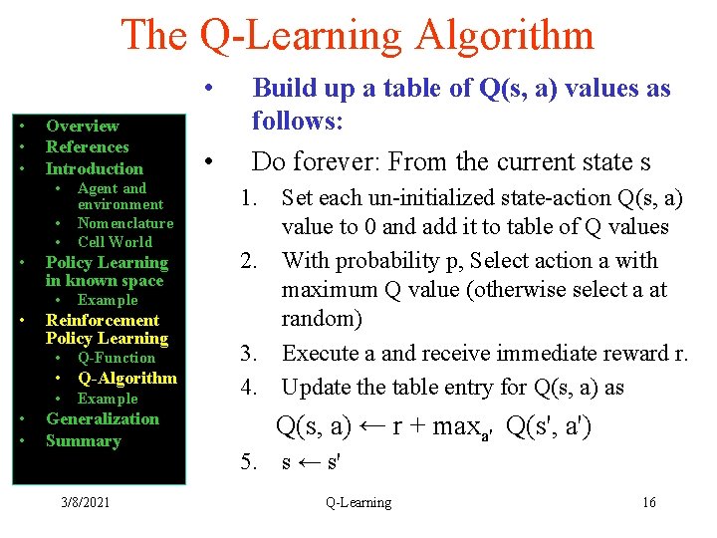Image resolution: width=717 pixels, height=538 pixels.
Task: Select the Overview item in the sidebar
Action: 82,126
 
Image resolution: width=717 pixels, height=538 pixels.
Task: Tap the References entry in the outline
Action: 88,147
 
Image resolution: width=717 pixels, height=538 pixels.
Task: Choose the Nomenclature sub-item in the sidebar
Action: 125,223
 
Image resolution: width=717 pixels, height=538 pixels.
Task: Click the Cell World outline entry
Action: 115,241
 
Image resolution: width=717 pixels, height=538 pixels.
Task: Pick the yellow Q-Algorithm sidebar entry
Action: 127,378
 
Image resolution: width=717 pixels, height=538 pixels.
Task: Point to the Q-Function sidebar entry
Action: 117,358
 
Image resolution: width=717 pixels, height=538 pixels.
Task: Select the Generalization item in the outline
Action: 103,418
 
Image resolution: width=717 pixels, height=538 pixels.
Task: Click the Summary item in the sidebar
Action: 83,440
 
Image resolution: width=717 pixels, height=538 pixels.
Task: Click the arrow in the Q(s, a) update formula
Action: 372,427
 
